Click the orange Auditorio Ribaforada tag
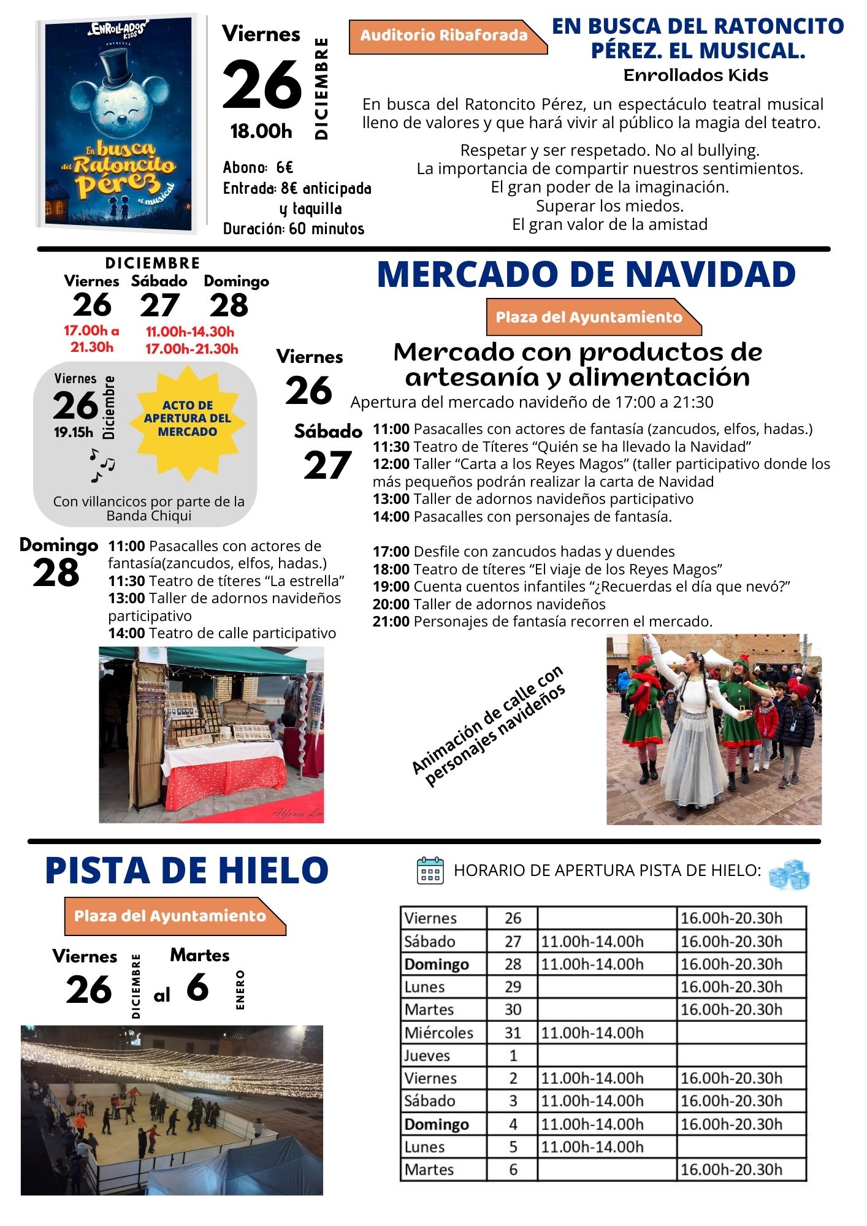coord(444,36)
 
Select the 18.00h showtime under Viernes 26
coord(261,131)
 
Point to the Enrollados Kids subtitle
coord(695,75)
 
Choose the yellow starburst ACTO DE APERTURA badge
coord(188,419)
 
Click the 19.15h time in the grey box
coord(74,432)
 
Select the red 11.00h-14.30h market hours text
coord(190,332)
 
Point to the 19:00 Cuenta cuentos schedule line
coord(581,587)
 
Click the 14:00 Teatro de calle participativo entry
coord(222,633)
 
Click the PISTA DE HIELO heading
coord(186,870)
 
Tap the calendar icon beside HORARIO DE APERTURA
coord(430,870)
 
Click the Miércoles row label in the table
coord(439,1033)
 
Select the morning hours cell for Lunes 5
coord(592,1147)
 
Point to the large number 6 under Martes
coord(197,988)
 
